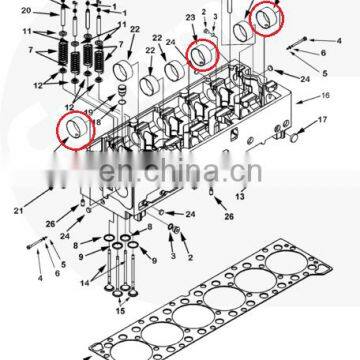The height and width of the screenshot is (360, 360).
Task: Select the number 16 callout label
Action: click(326, 97)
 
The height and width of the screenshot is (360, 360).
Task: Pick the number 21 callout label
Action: click(19, 209)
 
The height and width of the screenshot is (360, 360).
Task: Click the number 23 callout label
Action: click(190, 17)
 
